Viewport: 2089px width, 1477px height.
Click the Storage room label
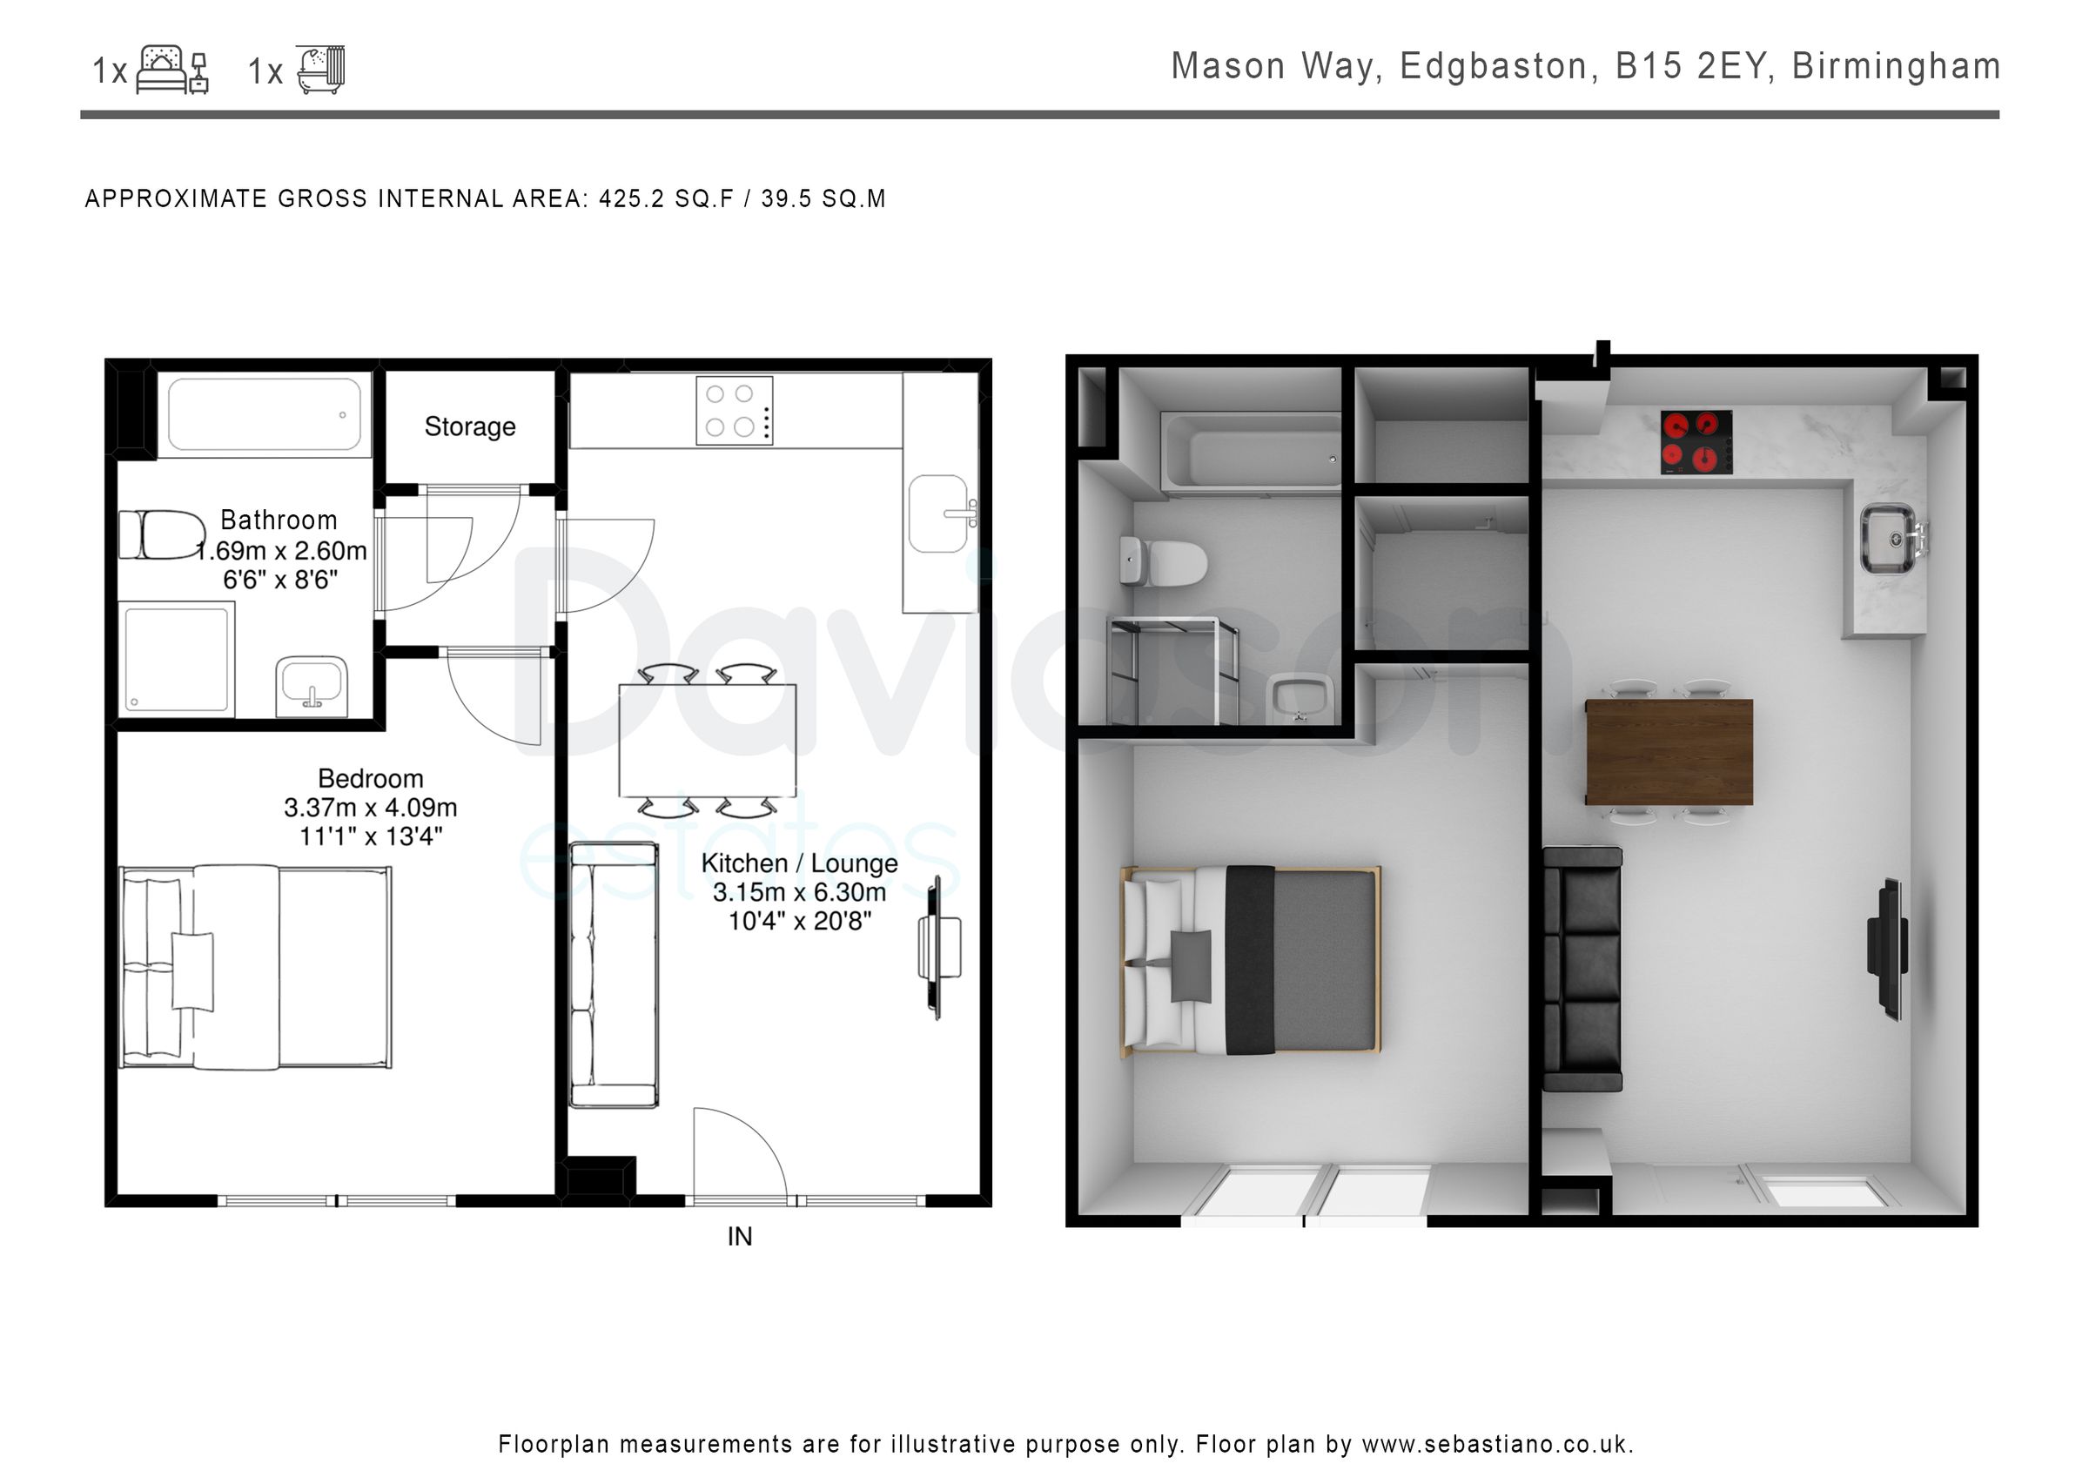(469, 426)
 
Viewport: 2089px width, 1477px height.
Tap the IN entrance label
(739, 1236)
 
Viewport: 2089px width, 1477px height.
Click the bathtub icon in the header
(320, 70)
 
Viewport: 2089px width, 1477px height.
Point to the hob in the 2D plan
(735, 410)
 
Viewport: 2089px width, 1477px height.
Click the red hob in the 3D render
(1696, 442)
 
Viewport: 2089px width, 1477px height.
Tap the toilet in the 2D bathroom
(163, 534)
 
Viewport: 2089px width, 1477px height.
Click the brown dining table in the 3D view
(1669, 752)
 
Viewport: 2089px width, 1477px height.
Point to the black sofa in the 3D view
(1582, 969)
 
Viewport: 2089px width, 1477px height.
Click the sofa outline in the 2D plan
(614, 975)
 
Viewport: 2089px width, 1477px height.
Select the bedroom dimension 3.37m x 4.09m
(370, 807)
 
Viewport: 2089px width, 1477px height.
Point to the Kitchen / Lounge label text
(799, 863)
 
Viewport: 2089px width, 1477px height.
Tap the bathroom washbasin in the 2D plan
(311, 684)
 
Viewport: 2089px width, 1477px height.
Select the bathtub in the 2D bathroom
(264, 415)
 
